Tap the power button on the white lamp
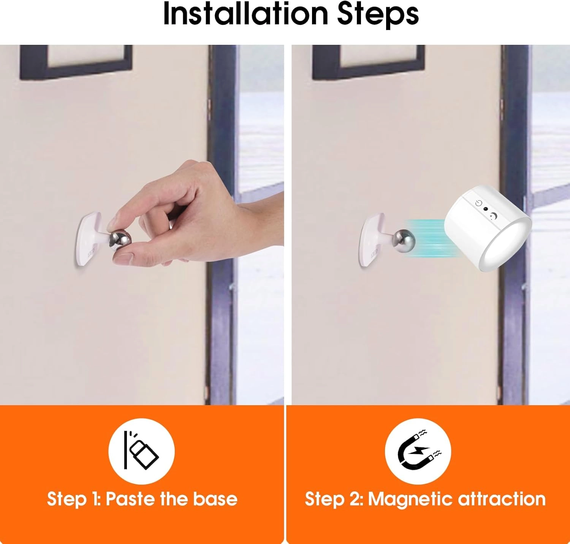(478, 203)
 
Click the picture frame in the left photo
(76, 62)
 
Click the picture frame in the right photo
(368, 62)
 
